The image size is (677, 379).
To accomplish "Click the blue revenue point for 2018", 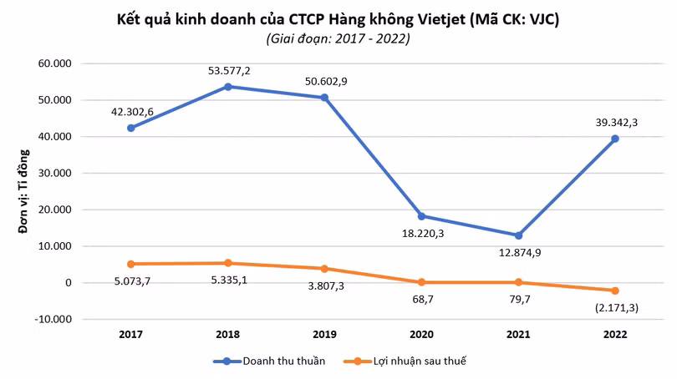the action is pos(228,87).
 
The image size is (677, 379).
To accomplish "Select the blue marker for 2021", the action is pos(518,235).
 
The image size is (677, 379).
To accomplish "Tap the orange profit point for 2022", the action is pos(615,291).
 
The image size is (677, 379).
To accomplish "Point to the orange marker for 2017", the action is pos(131,264).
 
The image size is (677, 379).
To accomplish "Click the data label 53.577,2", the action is pos(229,71).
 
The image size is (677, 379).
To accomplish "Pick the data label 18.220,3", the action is pos(423,234).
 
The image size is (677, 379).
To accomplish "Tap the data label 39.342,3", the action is pos(617,123).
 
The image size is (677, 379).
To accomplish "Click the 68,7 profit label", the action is pos(423,299).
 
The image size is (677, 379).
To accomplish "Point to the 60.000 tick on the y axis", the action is pos(55,63).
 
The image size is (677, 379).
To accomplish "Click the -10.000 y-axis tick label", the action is pos(53,320).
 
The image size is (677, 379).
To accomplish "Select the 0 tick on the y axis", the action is pos(69,283).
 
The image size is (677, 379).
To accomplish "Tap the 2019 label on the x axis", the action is pos(324,335).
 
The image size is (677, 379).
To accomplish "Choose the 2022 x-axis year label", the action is pos(615,335).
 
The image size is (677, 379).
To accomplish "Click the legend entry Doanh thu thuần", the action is pos(269,361).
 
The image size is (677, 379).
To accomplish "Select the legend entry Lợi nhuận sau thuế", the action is pos(405,361).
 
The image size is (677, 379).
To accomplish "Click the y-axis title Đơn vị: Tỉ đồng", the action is pos(23,191).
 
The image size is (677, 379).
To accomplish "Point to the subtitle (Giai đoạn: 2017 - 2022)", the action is pos(338,38).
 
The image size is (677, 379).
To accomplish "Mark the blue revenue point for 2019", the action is pos(324,98).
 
